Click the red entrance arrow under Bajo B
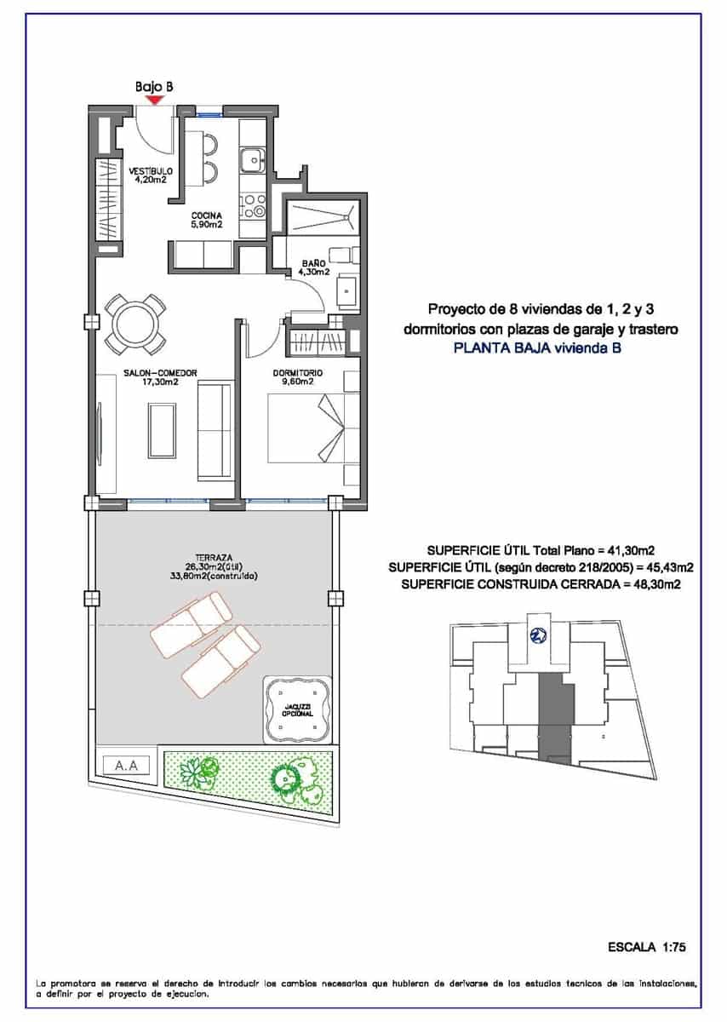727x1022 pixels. pyautogui.click(x=154, y=100)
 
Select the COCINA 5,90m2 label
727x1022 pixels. pyautogui.click(x=206, y=220)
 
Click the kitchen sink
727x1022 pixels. pyautogui.click(x=253, y=159)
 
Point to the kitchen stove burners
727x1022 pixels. pyautogui.click(x=254, y=205)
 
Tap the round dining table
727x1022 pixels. pyautogui.click(x=135, y=324)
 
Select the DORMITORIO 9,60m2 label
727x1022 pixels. pyautogui.click(x=297, y=377)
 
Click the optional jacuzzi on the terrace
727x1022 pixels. pyautogui.click(x=295, y=707)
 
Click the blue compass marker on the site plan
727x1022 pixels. pyautogui.click(x=537, y=634)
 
